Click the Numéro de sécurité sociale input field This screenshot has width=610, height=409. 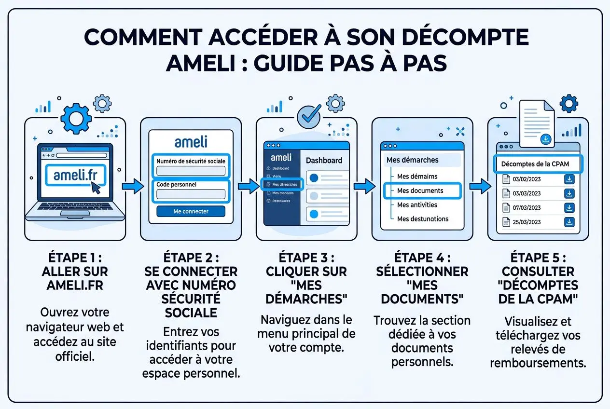pos(191,171)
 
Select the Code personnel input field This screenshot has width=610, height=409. pos(191,194)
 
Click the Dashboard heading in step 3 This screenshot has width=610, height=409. pos(324,160)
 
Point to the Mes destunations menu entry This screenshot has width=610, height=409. pos(422,219)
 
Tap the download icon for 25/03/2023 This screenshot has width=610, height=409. pos(569,222)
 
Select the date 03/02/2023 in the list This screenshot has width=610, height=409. pos(527,179)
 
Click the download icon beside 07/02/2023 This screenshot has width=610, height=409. pos(569,208)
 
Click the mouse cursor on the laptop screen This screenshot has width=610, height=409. pos(97,188)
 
